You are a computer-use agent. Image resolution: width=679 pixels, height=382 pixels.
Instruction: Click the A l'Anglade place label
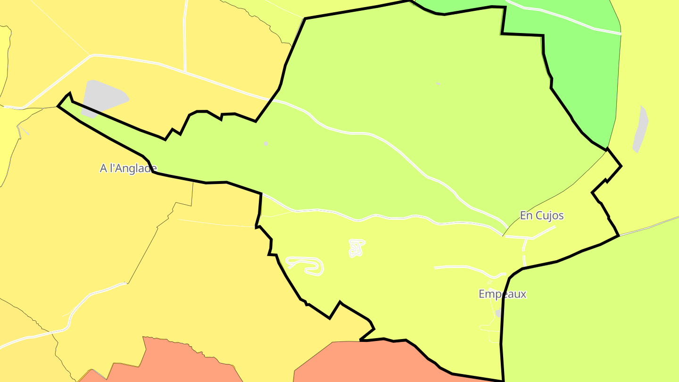point(128,168)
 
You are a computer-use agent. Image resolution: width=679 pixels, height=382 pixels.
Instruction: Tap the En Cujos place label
point(542,216)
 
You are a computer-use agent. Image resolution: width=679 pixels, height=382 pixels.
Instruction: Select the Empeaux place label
point(502,294)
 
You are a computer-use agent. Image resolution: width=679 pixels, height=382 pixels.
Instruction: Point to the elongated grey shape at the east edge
point(640,129)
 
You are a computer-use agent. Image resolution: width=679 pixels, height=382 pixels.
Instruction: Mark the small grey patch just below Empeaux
point(498,313)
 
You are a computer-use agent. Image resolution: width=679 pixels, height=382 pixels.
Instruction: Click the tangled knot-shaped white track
point(356,248)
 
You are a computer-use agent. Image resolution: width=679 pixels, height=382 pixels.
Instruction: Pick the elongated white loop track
point(306,265)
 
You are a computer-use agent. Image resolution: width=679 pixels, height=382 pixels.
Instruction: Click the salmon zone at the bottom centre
point(358,363)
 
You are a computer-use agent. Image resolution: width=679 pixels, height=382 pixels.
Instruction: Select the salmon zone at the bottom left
point(174,363)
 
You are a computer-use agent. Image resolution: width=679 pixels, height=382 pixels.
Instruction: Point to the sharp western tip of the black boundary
point(58,106)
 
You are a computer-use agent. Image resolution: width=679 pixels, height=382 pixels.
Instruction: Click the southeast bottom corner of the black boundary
point(504,380)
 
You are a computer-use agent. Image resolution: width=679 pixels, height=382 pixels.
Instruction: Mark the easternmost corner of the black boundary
point(621,166)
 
